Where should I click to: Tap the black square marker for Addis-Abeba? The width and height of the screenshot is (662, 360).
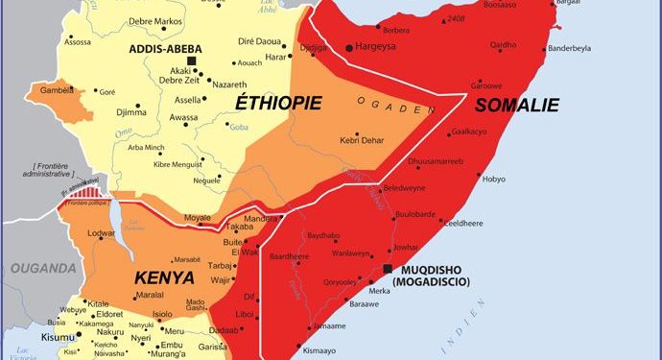pos(191,61)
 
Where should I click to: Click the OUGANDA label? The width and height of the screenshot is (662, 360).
pos(37,267)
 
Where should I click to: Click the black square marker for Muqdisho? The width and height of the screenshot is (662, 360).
pos(387,269)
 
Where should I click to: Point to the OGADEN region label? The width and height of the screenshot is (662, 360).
pos(389,104)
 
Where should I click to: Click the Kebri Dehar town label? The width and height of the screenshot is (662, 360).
pos(362,142)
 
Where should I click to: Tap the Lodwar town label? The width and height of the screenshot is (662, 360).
pos(100,233)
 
